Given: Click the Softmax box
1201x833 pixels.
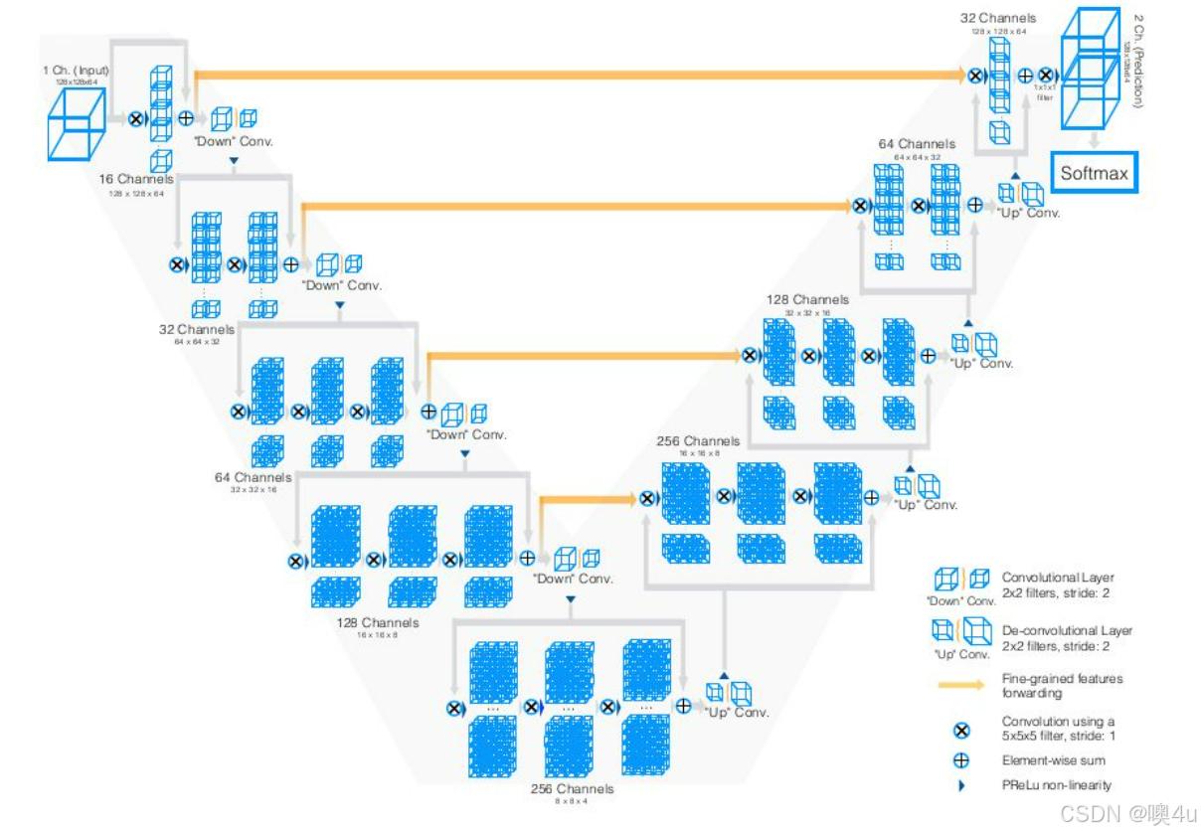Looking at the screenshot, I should coord(1094,173).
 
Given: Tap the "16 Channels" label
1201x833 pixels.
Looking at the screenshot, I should coord(136,179).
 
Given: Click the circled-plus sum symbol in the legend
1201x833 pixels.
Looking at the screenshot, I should coord(961,760).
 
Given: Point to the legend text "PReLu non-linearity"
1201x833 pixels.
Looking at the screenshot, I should coord(1056,785).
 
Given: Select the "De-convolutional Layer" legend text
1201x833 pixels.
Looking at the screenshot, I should coord(1067,630).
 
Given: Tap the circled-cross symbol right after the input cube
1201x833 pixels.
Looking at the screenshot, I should coord(136,118).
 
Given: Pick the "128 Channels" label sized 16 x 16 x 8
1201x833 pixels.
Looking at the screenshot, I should coord(378,623).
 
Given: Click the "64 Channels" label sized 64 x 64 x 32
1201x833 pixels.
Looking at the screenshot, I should coord(917,144).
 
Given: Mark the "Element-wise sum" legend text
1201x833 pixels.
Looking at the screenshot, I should coord(1053,760).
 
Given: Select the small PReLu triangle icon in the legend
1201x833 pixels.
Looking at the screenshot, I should coord(960,785).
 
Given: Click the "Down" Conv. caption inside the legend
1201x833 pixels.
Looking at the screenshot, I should coord(960,600).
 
